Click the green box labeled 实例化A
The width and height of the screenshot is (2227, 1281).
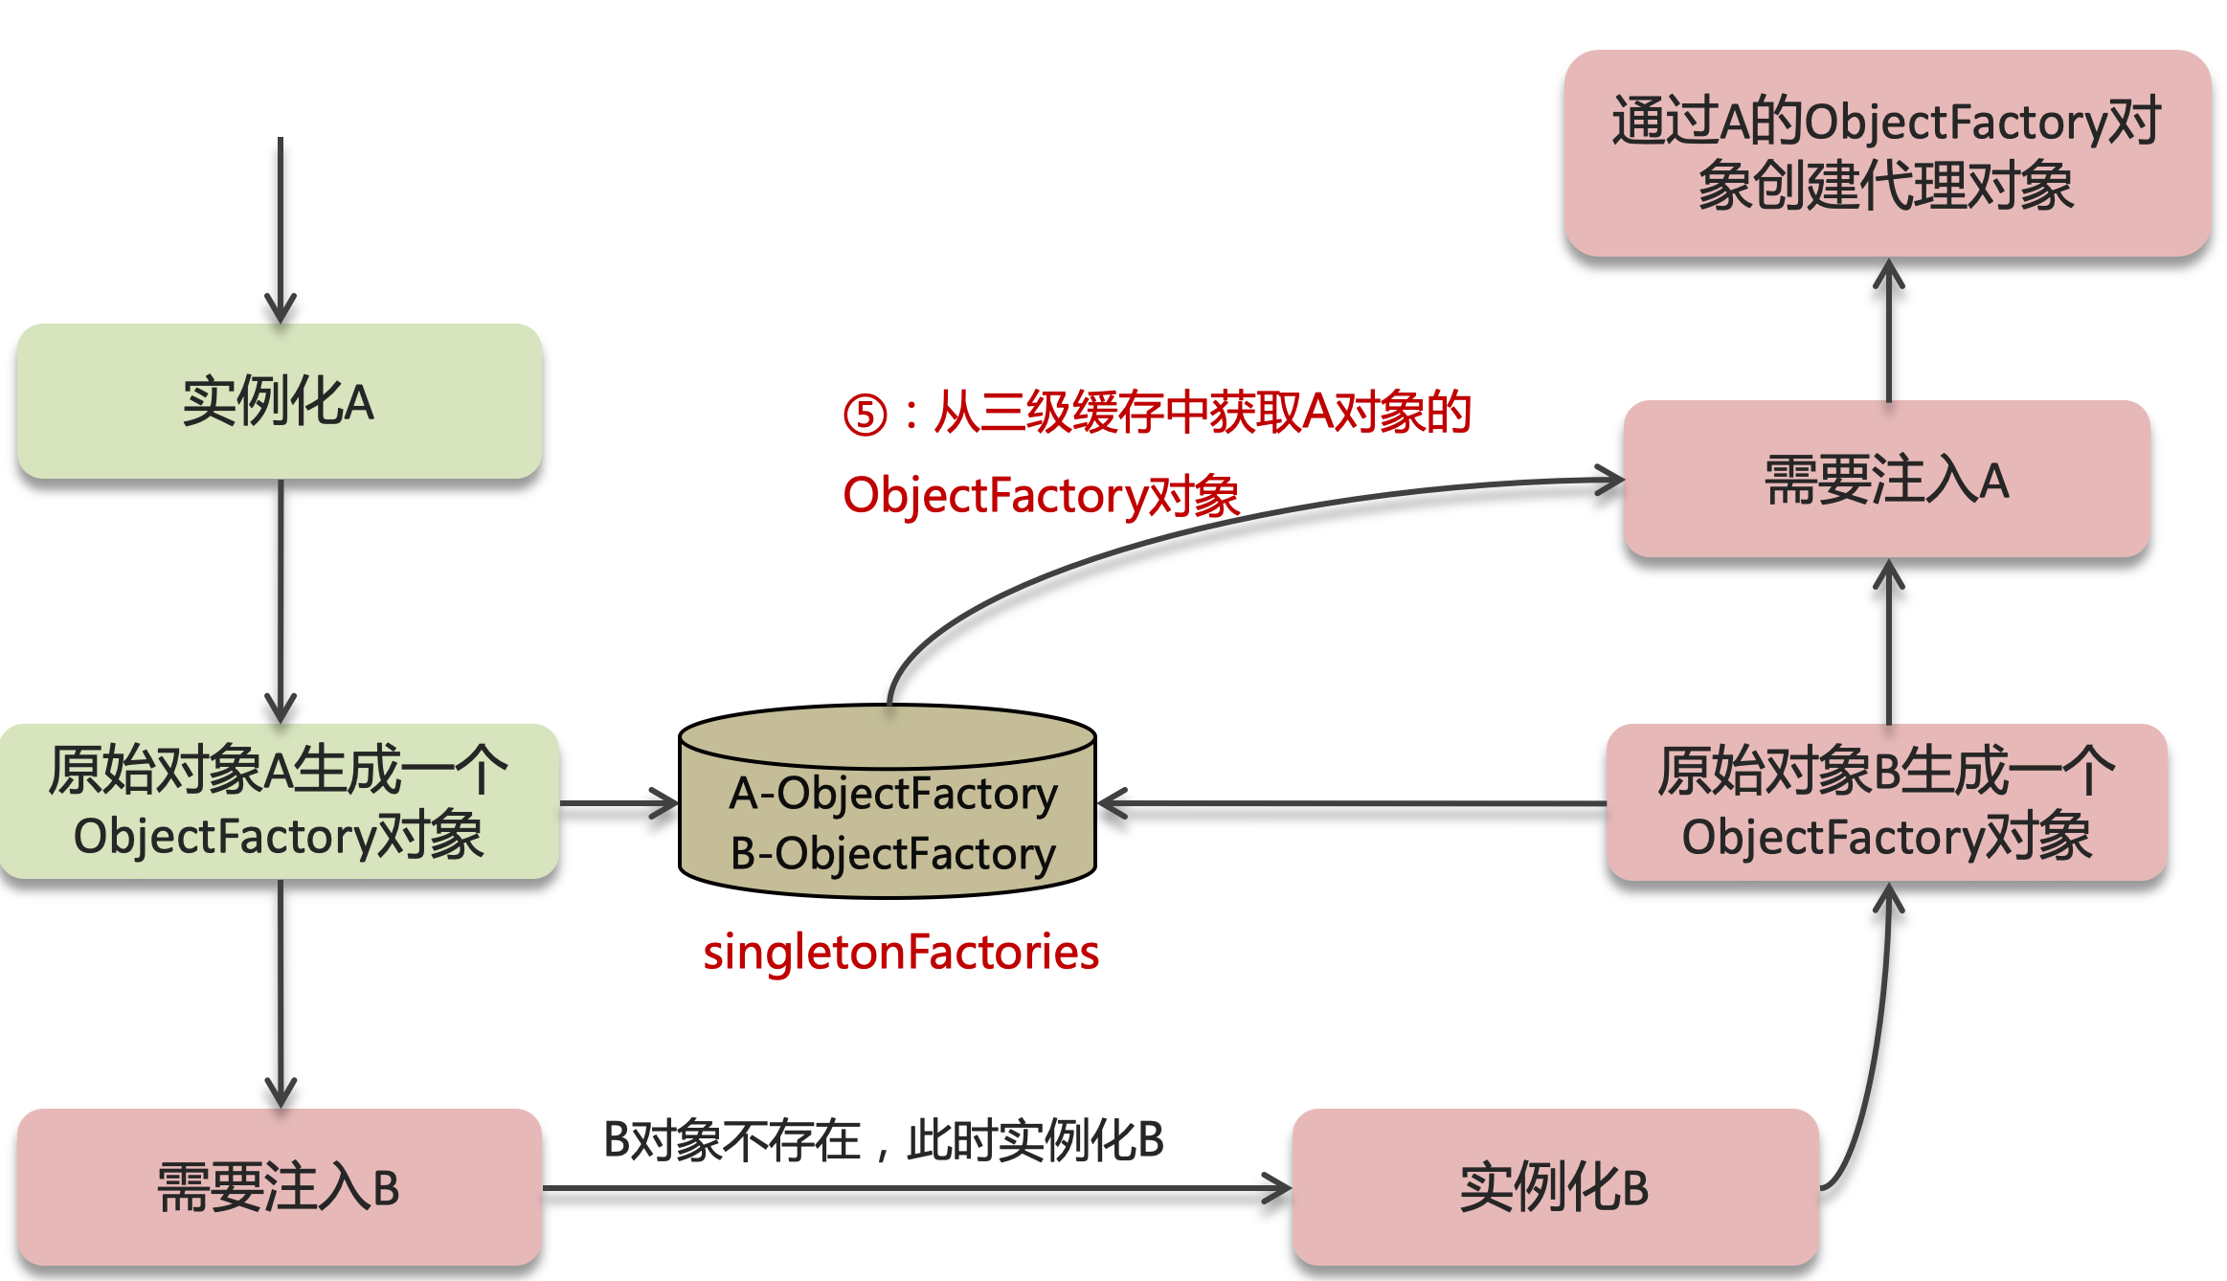pos(279,401)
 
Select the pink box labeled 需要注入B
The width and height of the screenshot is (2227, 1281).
pos(279,1187)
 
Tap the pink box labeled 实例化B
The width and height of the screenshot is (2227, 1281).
pos(1554,1187)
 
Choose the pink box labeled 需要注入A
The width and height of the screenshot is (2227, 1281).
pos(1886,479)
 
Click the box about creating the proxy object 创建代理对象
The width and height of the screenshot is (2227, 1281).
pos(1886,153)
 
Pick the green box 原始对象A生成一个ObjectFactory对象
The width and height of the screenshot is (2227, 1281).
pos(279,802)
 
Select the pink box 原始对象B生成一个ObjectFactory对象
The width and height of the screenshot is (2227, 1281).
pos(1886,802)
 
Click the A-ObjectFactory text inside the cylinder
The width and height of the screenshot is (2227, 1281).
pos(892,794)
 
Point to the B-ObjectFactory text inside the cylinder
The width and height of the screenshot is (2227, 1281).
pos(892,854)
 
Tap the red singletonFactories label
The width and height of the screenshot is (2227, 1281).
pos(900,952)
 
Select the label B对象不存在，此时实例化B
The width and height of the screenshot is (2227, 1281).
pos(883,1140)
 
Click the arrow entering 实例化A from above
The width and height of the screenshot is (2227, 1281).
pos(281,230)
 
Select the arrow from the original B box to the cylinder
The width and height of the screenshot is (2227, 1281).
pos(1350,803)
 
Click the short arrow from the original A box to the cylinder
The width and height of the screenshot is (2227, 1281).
pos(619,803)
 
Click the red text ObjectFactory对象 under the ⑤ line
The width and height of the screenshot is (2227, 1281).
pos(1041,496)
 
